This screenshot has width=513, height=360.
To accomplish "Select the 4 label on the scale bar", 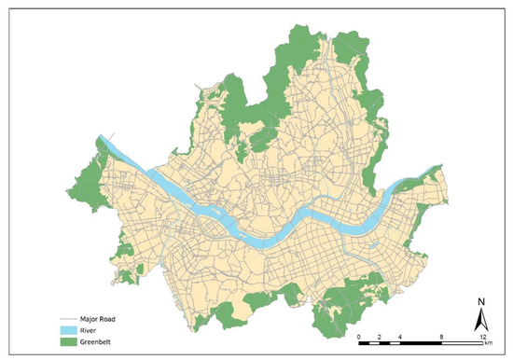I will tap(400, 333).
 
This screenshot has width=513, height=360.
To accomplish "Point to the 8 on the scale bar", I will tap(440, 333).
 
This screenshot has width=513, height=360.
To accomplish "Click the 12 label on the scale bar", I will tap(480, 333).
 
